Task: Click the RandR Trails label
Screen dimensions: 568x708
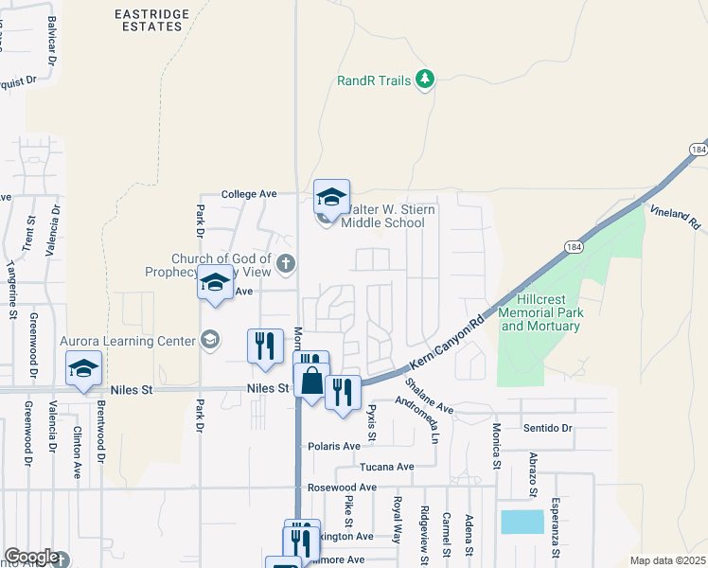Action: coord(374,80)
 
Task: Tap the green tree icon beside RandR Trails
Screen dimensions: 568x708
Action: coord(426,79)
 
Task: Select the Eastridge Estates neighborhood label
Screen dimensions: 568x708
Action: coord(148,20)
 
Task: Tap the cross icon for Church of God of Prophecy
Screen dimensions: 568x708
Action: coord(285,261)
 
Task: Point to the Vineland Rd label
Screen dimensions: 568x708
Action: coord(674,217)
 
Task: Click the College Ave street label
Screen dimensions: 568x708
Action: coord(248,194)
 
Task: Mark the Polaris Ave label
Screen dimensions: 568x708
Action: coord(334,446)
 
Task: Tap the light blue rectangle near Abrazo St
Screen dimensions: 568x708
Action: coord(522,522)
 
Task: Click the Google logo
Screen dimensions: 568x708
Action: coord(30,557)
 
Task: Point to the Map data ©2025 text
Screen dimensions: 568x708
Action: coord(667,561)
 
